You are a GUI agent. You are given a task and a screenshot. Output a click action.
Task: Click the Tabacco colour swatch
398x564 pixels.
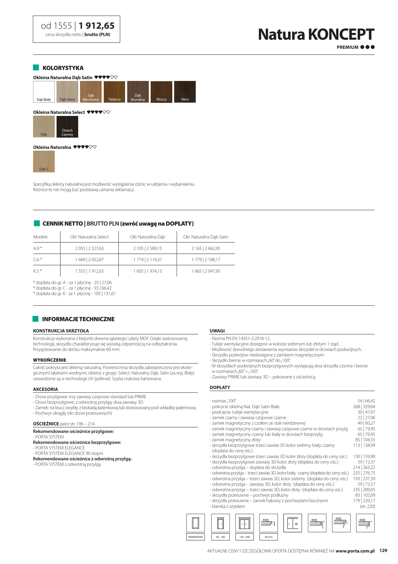coord(114,92)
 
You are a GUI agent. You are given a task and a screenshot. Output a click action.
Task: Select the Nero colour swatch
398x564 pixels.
coord(185,92)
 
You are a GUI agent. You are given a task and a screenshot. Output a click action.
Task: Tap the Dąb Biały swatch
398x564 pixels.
coord(44,92)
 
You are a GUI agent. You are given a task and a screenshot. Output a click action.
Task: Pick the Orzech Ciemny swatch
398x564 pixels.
coord(67,127)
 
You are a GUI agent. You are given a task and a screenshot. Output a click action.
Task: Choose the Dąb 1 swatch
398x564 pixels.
coord(44,161)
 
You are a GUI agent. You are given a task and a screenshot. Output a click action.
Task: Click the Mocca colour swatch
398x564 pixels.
coord(161,92)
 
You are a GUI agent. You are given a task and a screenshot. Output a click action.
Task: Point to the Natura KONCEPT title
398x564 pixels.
coord(316,34)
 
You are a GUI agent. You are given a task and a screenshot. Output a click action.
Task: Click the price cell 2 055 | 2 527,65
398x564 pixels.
coord(89,248)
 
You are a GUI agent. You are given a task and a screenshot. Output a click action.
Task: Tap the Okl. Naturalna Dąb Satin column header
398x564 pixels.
coord(206,237)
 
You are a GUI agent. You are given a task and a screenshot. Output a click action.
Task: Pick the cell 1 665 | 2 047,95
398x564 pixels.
coord(206,271)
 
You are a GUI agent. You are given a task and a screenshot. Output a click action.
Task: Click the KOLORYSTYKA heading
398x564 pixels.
coord(63,68)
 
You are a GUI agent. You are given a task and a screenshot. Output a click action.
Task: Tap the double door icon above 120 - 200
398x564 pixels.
coord(244,523)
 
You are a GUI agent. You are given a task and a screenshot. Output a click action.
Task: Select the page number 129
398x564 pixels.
coord(383,551)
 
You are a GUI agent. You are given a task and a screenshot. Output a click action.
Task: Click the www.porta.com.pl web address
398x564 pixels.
coord(355,551)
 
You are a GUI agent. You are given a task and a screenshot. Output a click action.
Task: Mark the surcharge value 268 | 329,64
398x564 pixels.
coord(364,407)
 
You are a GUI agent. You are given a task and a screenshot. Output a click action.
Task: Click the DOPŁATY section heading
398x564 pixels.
coord(220,387)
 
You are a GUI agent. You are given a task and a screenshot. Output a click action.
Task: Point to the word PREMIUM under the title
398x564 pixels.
coord(347,47)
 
